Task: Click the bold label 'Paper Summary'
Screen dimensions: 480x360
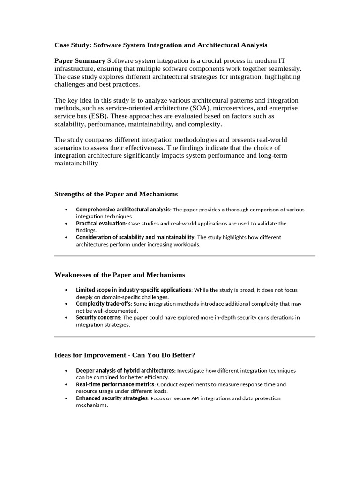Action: tap(80, 61)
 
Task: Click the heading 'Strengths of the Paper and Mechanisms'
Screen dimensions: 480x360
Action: tap(116, 194)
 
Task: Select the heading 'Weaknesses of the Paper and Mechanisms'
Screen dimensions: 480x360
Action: tap(120, 275)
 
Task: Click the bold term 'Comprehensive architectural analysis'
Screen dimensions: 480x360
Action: tap(122, 210)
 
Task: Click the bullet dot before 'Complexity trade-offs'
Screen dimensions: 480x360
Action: tap(67, 304)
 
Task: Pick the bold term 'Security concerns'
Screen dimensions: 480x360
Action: tap(98, 317)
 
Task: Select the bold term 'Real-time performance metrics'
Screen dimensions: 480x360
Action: tap(115, 384)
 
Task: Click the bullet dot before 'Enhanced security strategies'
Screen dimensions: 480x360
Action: tap(67, 398)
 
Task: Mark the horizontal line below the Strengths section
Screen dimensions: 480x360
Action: tap(185, 256)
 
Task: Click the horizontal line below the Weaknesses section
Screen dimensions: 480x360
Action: tap(185, 337)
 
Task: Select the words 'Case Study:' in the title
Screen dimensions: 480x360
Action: tap(73, 45)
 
